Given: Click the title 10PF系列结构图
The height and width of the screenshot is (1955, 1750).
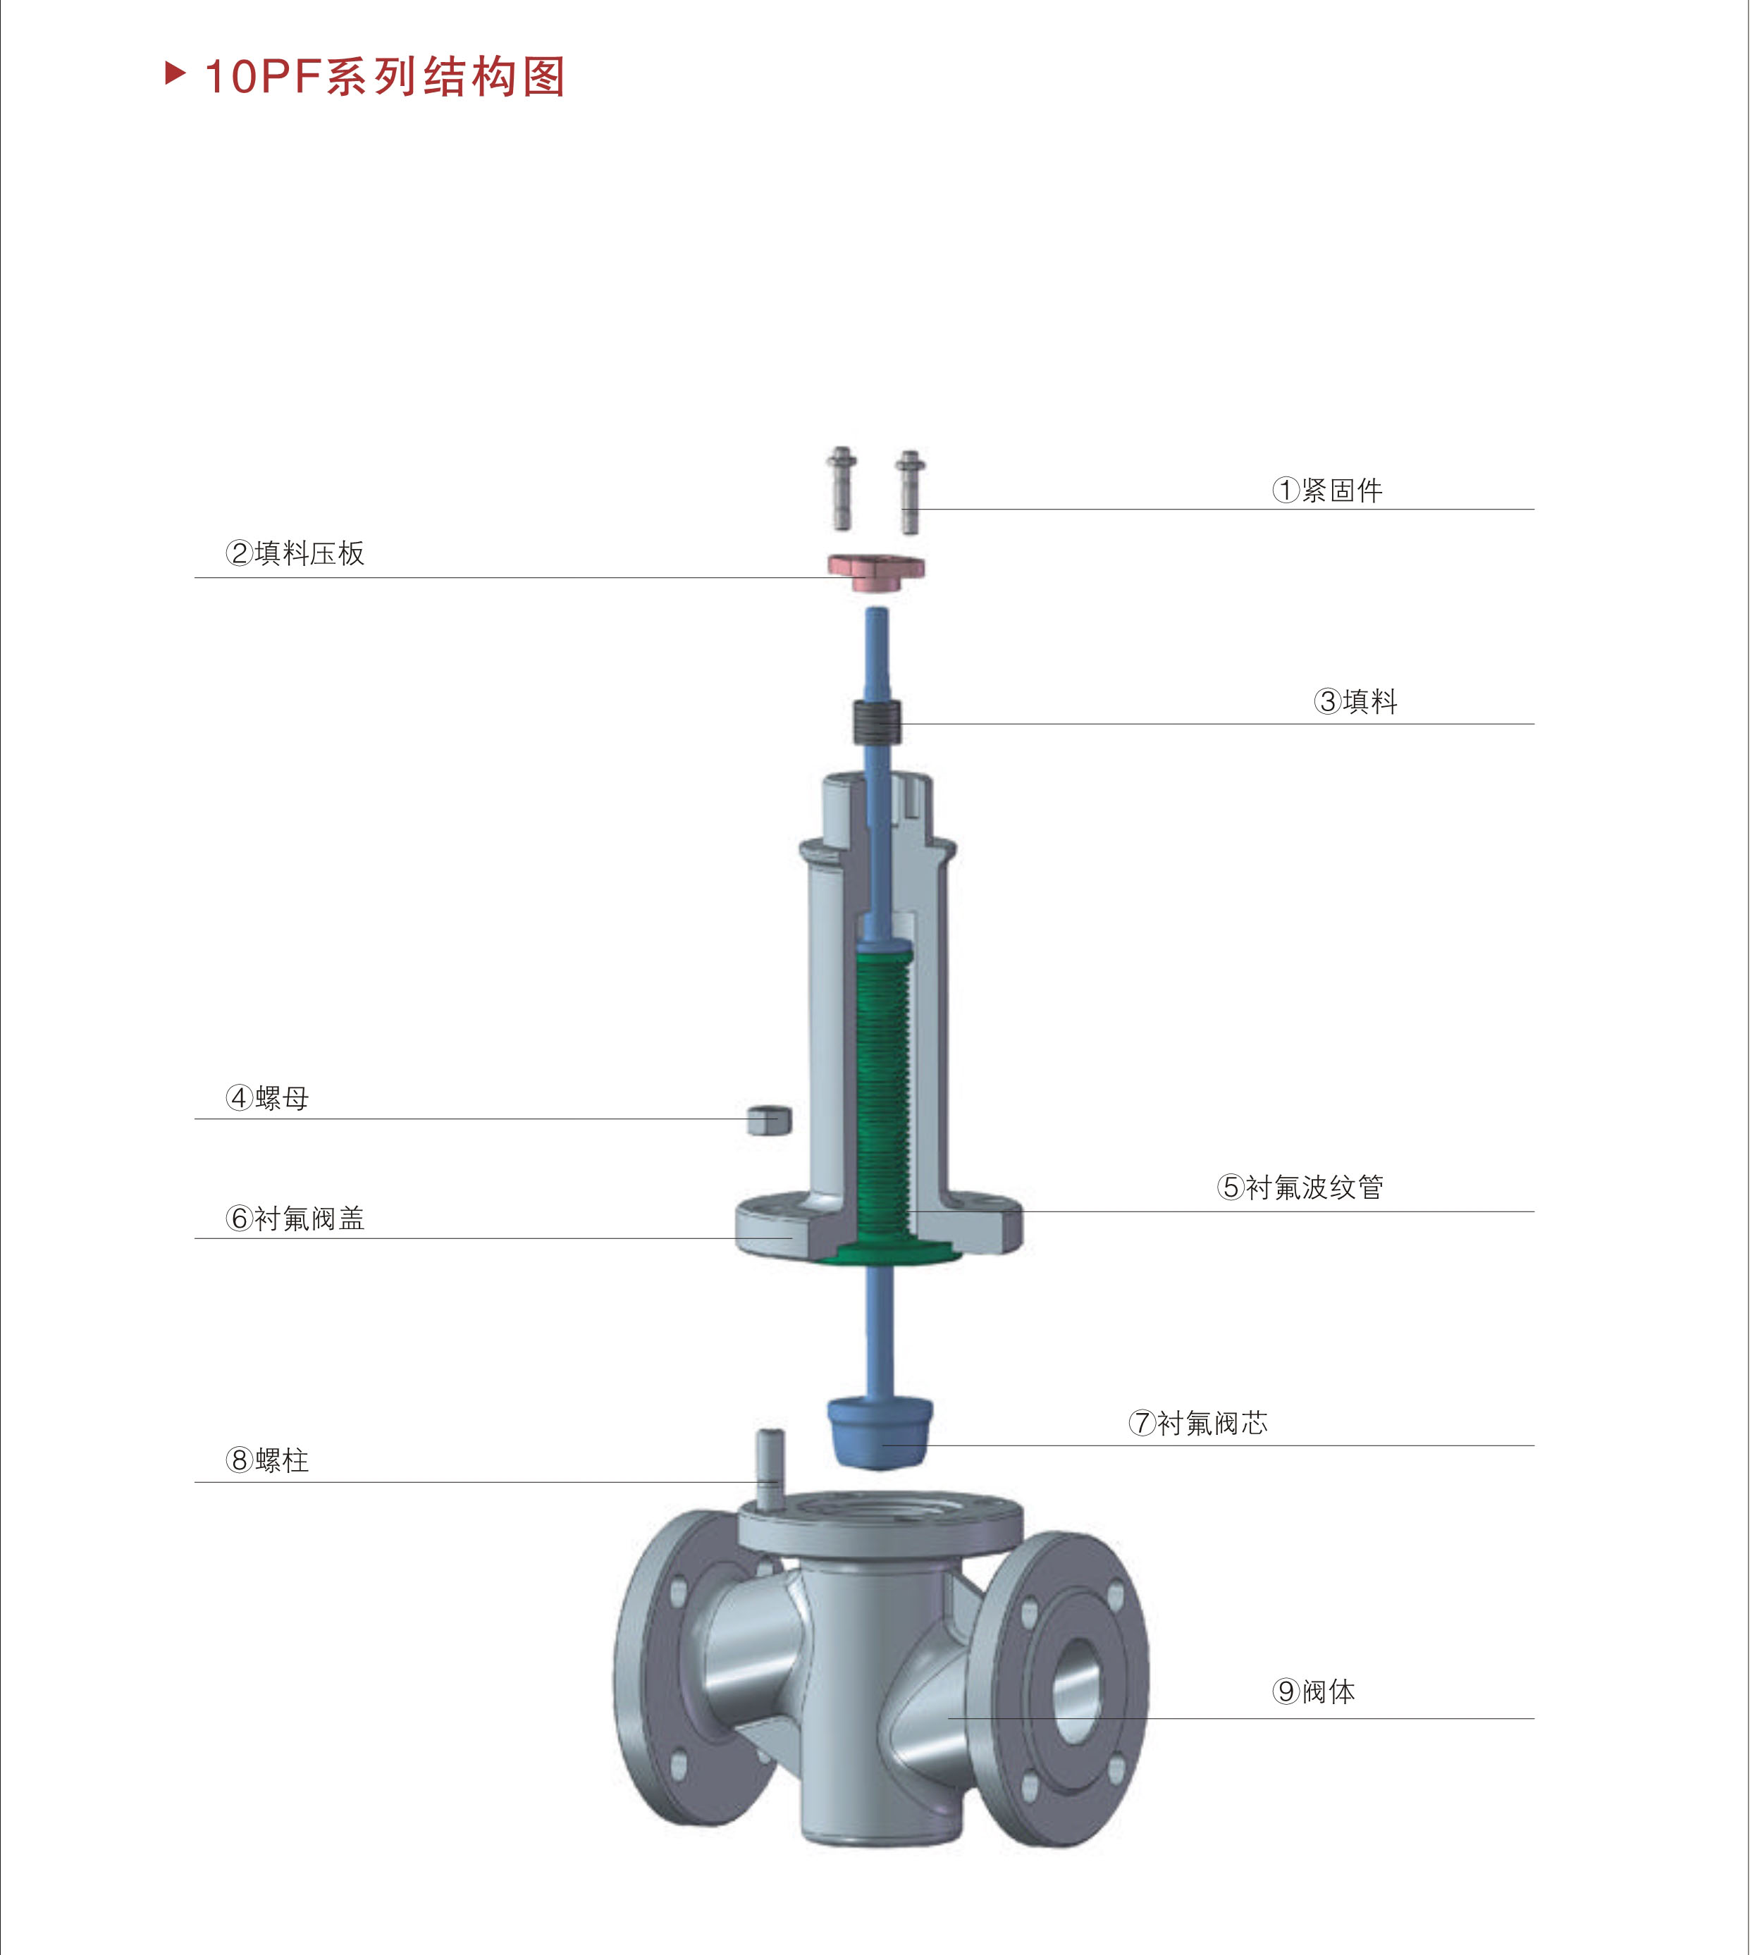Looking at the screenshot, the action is [x=385, y=77].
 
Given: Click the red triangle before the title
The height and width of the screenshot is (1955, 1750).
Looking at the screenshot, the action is [x=175, y=73].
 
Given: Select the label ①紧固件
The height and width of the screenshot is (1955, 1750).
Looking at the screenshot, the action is [x=1328, y=491].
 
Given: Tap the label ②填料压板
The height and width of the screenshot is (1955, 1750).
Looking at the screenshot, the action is [x=295, y=553].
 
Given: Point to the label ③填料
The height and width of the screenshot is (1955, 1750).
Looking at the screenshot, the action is [x=1356, y=701].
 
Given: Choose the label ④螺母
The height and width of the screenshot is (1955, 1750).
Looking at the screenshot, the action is [x=267, y=1097].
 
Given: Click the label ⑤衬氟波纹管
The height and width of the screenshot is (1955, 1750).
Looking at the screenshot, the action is [x=1300, y=1187].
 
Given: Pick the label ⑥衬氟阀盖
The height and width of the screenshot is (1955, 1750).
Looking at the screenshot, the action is [x=295, y=1219].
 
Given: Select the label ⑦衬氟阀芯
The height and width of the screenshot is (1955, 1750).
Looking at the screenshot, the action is [x=1198, y=1422].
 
